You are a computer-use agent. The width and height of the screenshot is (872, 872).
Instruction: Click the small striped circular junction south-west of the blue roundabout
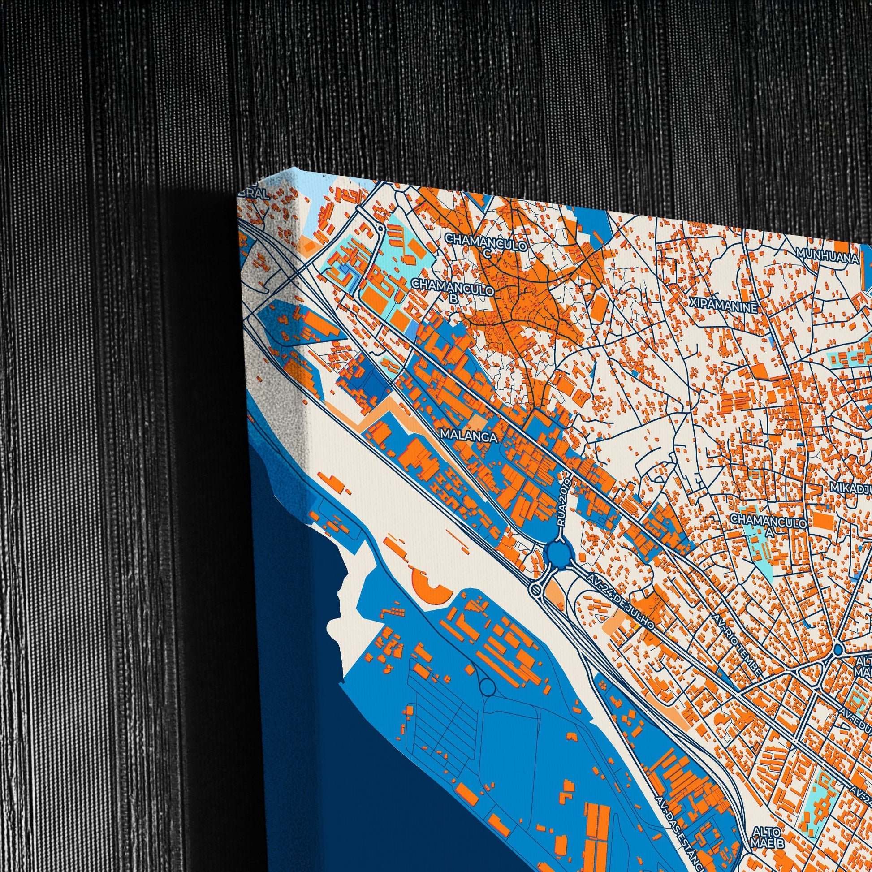(x=535, y=589)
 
